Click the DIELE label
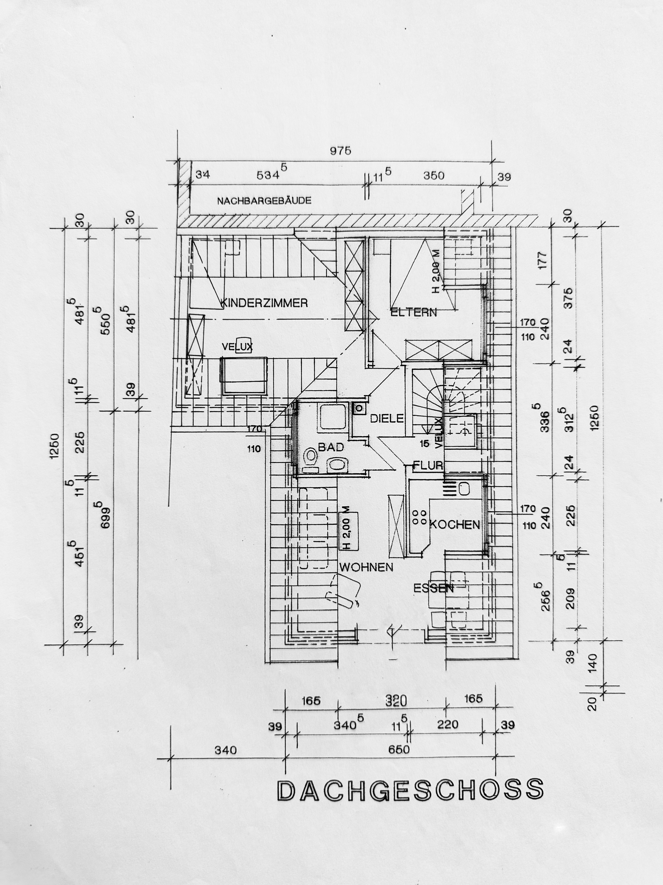point(387,419)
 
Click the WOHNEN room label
point(366,567)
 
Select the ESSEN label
point(434,588)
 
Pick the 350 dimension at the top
point(434,176)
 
